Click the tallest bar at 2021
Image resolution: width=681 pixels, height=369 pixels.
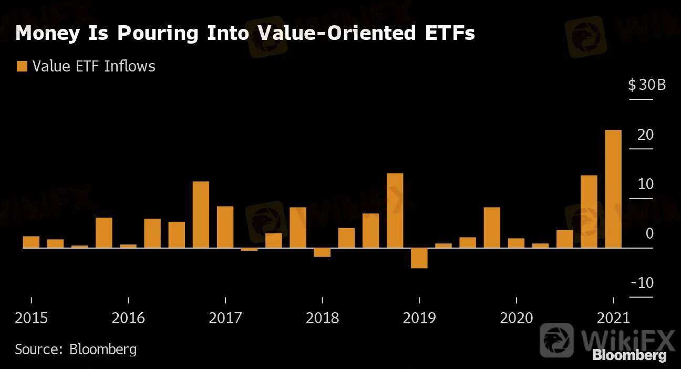(x=613, y=189)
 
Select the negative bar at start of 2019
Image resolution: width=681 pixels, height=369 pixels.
(x=419, y=258)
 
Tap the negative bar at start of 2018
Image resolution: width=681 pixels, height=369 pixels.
(x=322, y=252)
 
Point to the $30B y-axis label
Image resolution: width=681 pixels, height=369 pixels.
(x=646, y=85)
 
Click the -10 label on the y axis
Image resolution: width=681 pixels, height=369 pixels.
(x=642, y=283)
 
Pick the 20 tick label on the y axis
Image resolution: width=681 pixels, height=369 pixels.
(x=646, y=135)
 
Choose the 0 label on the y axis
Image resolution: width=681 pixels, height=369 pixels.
(x=649, y=233)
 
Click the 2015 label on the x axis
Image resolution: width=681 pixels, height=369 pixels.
(x=31, y=318)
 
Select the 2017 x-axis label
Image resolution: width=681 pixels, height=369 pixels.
(x=225, y=318)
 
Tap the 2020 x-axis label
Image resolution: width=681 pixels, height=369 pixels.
(x=516, y=318)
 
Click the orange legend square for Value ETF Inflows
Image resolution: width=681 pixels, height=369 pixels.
(x=22, y=66)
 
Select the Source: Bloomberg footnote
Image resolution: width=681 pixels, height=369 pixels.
(x=76, y=349)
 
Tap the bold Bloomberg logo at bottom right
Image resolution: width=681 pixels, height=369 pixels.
(x=630, y=356)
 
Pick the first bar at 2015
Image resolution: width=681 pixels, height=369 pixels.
(x=31, y=242)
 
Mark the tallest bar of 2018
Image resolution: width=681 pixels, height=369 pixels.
(x=395, y=210)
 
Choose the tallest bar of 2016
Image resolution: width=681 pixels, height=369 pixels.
(x=201, y=214)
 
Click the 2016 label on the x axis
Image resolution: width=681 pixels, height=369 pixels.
(x=128, y=318)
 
